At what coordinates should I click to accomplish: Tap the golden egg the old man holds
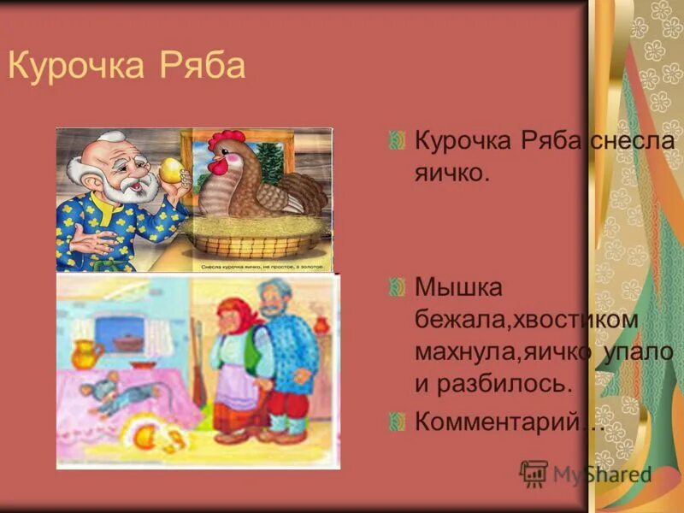[171, 168]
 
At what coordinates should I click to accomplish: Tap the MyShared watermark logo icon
[534, 473]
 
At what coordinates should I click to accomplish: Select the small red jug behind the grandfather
[321, 324]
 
